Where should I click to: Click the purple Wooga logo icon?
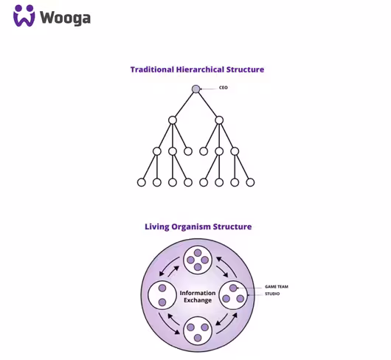coord(24,15)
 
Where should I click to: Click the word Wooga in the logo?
coord(65,18)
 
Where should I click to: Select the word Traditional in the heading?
coord(152,69)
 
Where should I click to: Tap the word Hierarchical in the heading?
coord(200,69)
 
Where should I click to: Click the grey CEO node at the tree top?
coord(196,89)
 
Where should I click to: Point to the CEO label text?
coord(224,88)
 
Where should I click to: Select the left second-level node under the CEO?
coord(173,120)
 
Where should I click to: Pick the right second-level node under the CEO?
coord(219,120)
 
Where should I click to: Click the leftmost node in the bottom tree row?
coord(142,182)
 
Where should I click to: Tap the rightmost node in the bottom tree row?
coord(250,182)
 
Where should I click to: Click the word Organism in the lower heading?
coord(191,227)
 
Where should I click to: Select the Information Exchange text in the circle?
coord(198,297)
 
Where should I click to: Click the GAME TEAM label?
coord(277,287)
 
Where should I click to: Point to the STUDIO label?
coord(272,294)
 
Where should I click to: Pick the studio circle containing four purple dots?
coord(198,260)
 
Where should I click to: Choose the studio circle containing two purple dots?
coord(162,295)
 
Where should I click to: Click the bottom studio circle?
coord(198,330)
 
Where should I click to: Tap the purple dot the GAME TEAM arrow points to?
coord(233,288)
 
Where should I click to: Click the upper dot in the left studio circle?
coord(162,288)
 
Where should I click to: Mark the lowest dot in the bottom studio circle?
coord(198,338)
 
